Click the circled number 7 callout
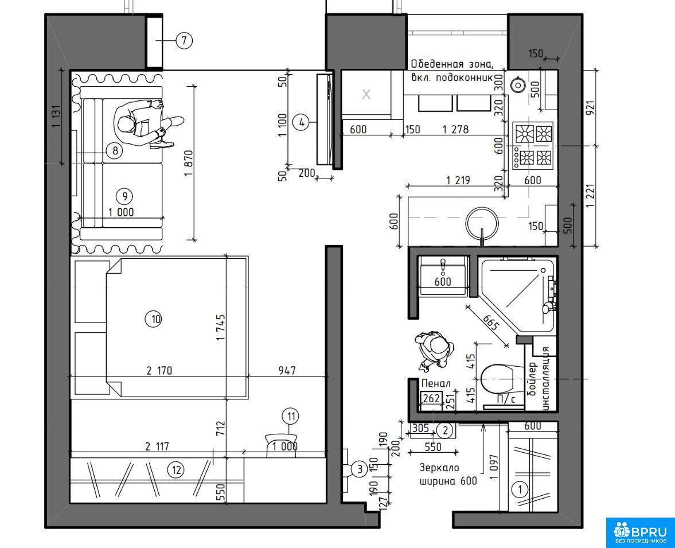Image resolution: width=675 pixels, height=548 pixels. (184, 41)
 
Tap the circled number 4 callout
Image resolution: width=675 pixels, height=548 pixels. (301, 123)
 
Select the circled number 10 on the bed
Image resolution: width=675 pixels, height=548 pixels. (156, 319)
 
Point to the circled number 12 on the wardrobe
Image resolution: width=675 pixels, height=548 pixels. (177, 470)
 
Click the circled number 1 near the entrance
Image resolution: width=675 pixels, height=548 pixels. (521, 490)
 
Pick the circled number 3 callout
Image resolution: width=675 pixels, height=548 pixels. (360, 468)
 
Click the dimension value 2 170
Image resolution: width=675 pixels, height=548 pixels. (159, 370)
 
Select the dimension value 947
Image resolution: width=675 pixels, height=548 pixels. (287, 370)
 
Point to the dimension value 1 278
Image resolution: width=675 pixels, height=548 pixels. (455, 129)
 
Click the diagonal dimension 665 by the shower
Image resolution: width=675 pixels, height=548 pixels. (490, 322)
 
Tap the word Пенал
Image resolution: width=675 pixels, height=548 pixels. (436, 383)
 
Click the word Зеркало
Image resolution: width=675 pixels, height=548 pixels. (439, 468)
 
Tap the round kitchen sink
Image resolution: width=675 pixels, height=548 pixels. (482, 223)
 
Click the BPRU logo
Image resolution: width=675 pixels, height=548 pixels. (640, 533)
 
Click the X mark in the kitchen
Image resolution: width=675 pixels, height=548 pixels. (366, 94)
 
